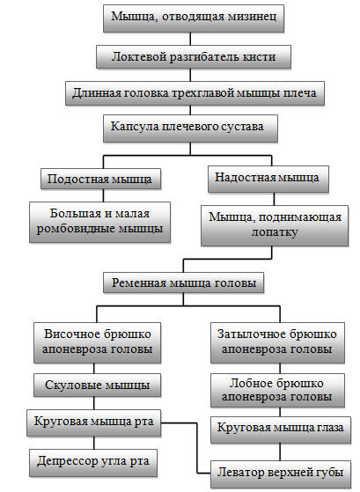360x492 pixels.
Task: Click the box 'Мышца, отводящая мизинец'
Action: [x=194, y=18]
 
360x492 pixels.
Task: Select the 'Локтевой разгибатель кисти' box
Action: [x=194, y=57]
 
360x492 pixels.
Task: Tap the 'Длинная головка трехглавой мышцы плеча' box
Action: [x=195, y=93]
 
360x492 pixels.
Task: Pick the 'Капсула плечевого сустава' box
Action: [x=190, y=129]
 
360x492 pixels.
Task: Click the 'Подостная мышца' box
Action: [x=100, y=179]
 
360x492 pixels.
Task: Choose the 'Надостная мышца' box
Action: [x=268, y=179]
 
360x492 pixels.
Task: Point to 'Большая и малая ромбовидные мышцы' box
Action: [x=99, y=222]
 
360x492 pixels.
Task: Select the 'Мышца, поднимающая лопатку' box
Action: [x=275, y=225]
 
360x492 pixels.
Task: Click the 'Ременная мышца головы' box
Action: [x=184, y=283]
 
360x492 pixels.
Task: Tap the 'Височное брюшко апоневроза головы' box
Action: [x=98, y=342]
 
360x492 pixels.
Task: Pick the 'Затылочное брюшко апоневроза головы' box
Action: [x=277, y=342]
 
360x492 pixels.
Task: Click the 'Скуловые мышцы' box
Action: [x=98, y=385]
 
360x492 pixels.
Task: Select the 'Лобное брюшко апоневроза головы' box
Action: [x=277, y=390]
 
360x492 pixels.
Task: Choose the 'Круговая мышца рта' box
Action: [x=94, y=422]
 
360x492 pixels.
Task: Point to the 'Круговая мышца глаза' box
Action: [x=281, y=430]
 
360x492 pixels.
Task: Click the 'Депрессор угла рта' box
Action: [x=93, y=463]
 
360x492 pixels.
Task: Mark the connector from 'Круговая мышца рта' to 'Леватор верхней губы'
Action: [x=197, y=448]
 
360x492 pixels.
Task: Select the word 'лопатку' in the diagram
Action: [x=275, y=232]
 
